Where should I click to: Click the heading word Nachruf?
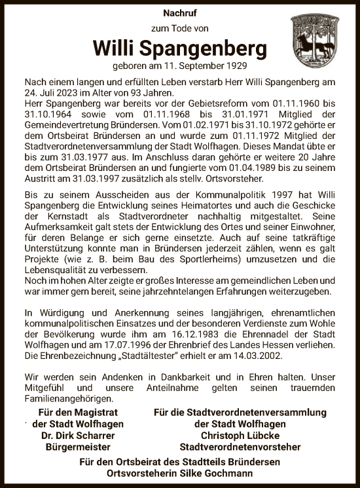tap(179, 12)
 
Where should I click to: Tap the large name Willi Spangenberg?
tap(180, 49)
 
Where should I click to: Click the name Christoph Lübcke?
tap(240, 436)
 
